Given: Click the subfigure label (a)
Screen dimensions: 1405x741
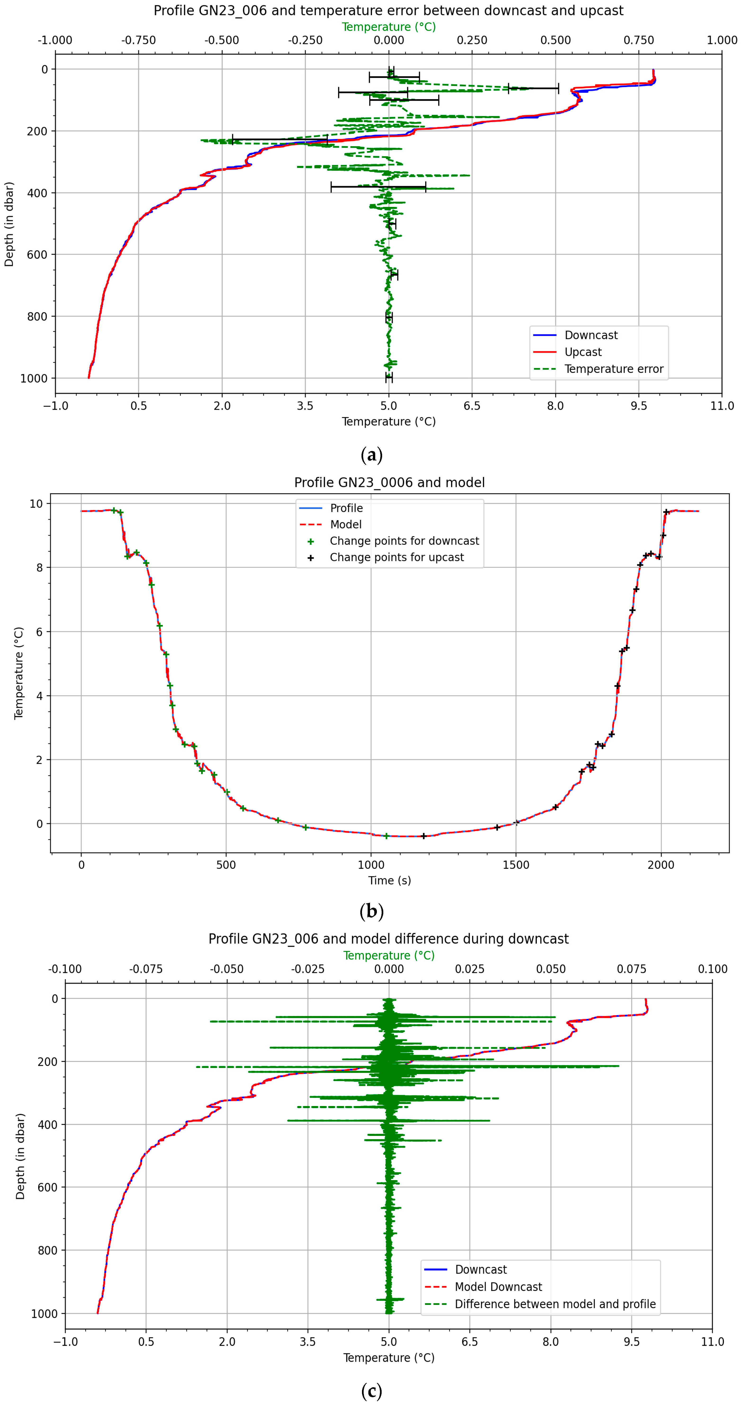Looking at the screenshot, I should (x=371, y=454).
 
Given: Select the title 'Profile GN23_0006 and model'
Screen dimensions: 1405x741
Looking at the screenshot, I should (x=389, y=483).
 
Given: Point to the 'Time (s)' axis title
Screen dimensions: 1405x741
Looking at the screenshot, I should (x=389, y=880).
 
